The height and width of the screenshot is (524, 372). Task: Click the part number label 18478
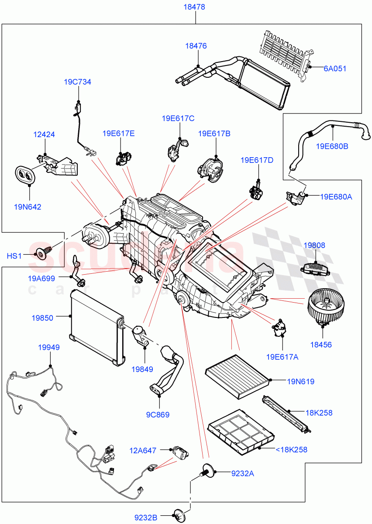point(195,7)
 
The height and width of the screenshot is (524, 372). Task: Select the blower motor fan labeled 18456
point(324,308)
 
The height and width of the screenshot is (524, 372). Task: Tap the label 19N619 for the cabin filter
point(301,382)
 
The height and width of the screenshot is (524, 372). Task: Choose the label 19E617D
point(257,160)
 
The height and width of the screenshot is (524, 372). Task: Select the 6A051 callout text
point(335,68)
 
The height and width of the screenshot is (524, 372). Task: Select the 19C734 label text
point(77,82)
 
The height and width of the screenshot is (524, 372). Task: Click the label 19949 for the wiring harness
point(49,348)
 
